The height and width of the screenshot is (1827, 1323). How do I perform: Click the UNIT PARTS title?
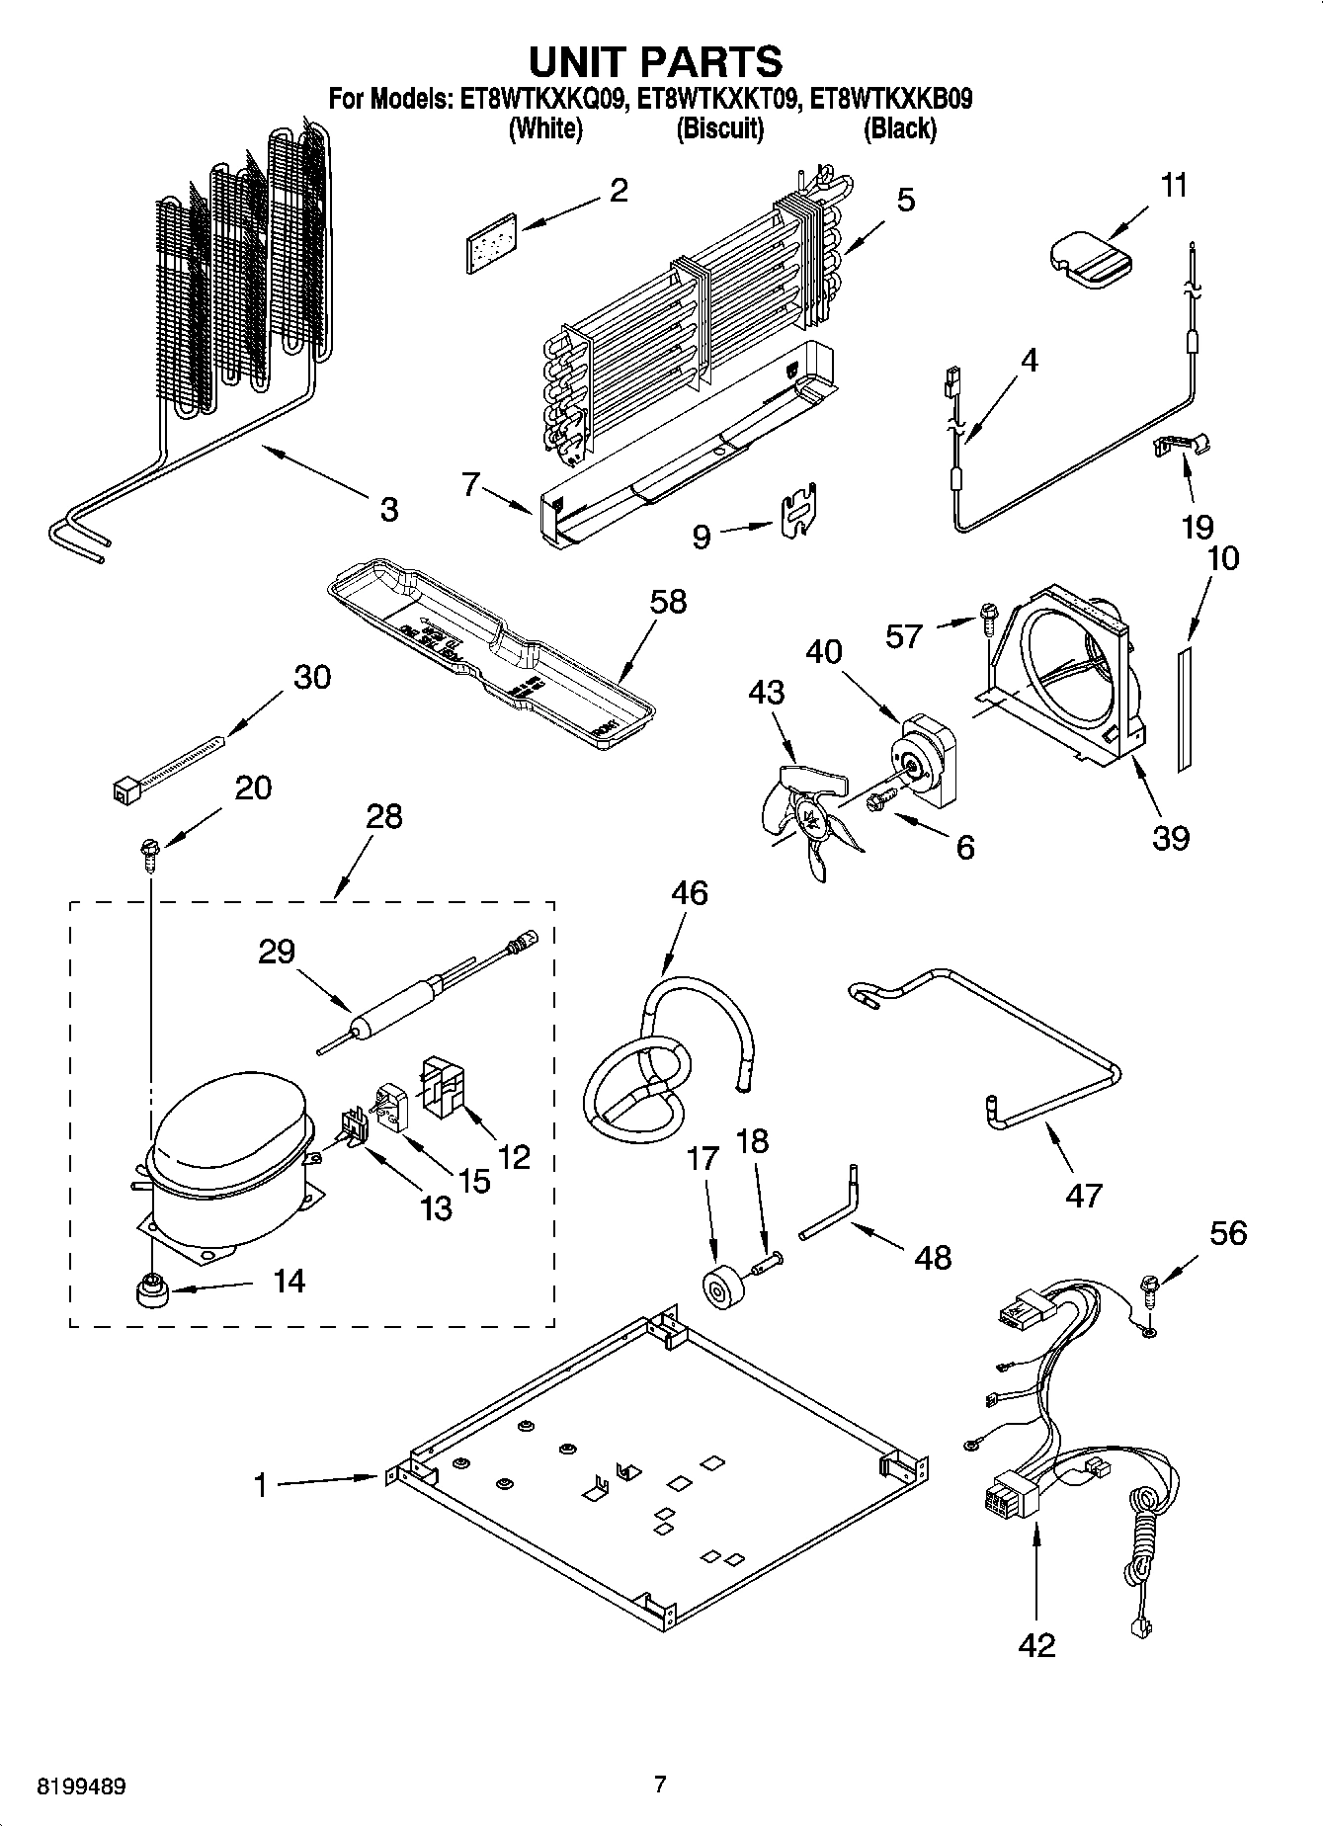655,61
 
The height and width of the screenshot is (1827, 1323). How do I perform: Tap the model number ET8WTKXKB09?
890,99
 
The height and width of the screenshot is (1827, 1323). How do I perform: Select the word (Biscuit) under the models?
719,128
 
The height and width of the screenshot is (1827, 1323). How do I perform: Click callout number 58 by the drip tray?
668,601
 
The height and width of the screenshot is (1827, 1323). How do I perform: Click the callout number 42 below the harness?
1035,1644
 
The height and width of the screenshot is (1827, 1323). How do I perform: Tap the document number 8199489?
81,1786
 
